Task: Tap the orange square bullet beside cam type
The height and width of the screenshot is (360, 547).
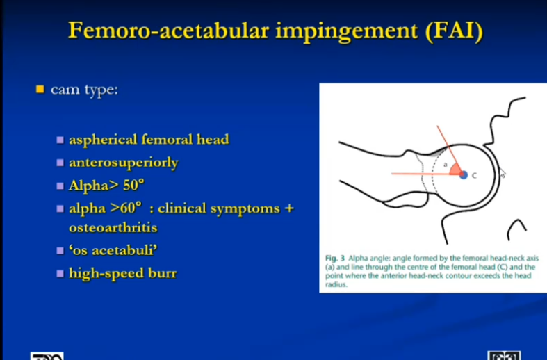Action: coord(40,89)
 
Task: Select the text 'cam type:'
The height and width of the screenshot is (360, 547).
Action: coord(84,90)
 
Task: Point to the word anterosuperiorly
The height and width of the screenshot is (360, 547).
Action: coord(124,163)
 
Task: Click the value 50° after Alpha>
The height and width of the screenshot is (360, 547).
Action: coord(133,186)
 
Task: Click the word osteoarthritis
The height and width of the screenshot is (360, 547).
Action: coord(113,227)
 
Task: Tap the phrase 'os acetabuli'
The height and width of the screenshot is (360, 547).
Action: coord(113,250)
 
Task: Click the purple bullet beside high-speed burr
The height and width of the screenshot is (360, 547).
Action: coord(60,274)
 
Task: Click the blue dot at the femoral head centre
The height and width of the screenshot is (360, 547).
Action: coord(464,174)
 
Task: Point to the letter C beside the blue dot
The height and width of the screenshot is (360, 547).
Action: coord(474,175)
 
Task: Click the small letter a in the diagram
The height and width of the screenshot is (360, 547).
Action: coord(445,164)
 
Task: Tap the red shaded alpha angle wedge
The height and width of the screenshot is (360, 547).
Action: coord(455,170)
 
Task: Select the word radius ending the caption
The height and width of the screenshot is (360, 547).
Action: coord(336,285)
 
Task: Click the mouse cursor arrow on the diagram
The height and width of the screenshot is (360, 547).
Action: coord(503,172)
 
